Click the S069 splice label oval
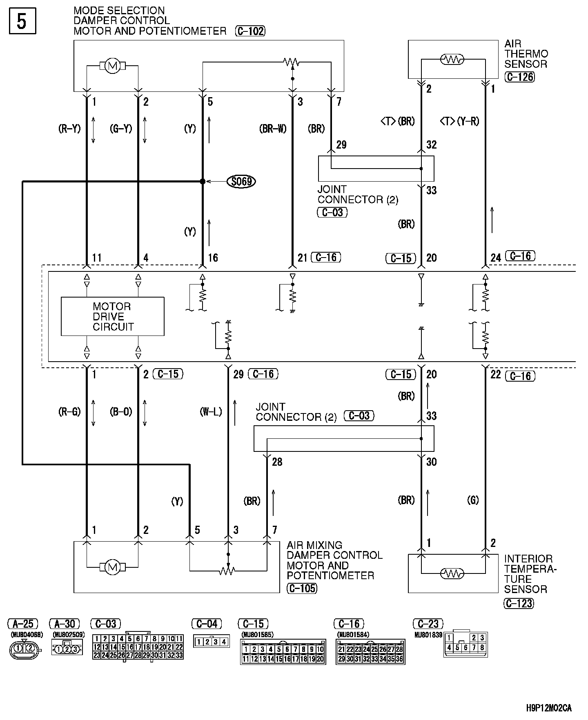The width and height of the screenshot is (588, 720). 241,182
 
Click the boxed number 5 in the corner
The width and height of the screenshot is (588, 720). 22,21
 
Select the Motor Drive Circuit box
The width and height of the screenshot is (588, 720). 113,317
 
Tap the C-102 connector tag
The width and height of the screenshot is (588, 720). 250,31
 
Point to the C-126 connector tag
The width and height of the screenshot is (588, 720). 519,77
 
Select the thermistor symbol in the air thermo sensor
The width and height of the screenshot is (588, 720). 452,60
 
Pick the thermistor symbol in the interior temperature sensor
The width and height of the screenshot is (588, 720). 452,574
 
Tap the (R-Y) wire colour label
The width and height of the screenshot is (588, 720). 69,129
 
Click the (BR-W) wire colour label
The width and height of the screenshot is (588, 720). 273,129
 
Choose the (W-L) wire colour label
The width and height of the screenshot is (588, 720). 211,412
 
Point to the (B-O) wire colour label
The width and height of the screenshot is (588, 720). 121,412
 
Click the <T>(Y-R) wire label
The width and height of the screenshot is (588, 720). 460,121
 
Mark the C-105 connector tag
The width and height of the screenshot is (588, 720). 302,588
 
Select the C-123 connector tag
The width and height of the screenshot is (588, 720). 519,603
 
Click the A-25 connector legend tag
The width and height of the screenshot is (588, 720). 23,624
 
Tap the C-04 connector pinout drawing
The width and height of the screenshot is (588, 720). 211,642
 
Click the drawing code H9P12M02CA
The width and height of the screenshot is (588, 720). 548,708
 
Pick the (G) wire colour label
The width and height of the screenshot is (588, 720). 473,500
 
